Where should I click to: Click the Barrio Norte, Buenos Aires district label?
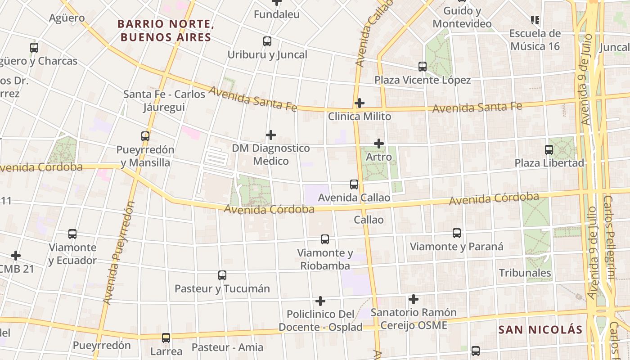(x=166, y=31)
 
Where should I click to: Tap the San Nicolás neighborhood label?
(x=540, y=329)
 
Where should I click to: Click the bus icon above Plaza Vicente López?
(x=422, y=67)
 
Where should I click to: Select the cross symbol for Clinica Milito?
(x=359, y=103)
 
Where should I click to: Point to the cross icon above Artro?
(x=379, y=144)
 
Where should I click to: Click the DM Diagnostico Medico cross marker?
(x=270, y=135)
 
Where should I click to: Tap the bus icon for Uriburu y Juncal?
(x=267, y=41)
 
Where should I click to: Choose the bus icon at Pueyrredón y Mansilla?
(x=145, y=136)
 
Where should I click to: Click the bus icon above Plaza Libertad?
(x=549, y=150)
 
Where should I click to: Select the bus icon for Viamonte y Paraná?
(x=457, y=233)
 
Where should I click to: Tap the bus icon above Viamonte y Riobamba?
(x=325, y=239)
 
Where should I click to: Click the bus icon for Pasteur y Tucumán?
(x=222, y=275)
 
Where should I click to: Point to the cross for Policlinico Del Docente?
(x=320, y=301)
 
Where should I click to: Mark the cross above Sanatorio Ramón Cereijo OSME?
(x=413, y=299)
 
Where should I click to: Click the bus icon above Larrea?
(x=166, y=337)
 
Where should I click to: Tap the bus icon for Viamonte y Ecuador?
(x=72, y=234)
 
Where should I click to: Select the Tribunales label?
(x=525, y=273)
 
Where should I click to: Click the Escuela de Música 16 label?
(x=535, y=40)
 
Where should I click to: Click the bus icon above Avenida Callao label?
(x=354, y=184)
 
